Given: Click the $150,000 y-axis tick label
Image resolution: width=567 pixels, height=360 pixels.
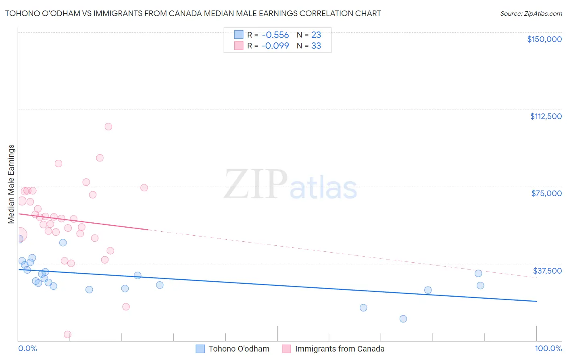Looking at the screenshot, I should click(544, 39).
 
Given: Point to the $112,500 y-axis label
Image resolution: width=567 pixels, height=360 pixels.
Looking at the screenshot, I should click(546, 116).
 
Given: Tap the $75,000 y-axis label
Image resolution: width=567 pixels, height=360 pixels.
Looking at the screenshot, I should click(546, 193).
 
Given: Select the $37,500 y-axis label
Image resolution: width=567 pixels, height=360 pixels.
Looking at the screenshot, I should click(547, 271).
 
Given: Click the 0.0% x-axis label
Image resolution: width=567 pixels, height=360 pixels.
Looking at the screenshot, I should click(27, 348).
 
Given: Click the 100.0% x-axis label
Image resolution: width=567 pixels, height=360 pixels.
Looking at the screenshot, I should click(548, 348).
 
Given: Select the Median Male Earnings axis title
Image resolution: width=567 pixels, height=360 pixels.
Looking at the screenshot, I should click(11, 184).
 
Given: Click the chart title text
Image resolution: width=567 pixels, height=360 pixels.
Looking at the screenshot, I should click(193, 13).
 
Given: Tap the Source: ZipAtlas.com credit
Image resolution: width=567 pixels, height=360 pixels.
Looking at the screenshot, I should click(531, 13).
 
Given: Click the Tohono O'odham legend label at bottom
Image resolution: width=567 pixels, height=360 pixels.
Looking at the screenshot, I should click(239, 349).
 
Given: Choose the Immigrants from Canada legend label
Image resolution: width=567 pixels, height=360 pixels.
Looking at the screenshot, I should click(340, 349).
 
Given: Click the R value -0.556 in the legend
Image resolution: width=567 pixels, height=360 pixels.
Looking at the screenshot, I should click(275, 35).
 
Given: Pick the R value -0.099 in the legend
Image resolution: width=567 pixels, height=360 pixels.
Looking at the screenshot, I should click(275, 46).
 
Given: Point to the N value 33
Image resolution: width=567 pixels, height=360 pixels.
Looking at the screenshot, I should click(316, 46).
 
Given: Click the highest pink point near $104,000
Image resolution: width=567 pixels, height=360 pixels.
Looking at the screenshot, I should click(108, 127).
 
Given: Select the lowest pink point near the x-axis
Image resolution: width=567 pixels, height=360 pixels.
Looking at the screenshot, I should click(68, 335).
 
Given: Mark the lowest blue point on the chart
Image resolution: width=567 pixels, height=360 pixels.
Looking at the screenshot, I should click(403, 319).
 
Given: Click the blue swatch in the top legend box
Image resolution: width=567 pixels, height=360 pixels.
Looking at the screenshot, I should click(239, 35).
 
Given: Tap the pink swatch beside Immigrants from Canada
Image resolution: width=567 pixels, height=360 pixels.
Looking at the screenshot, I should click(286, 349).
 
